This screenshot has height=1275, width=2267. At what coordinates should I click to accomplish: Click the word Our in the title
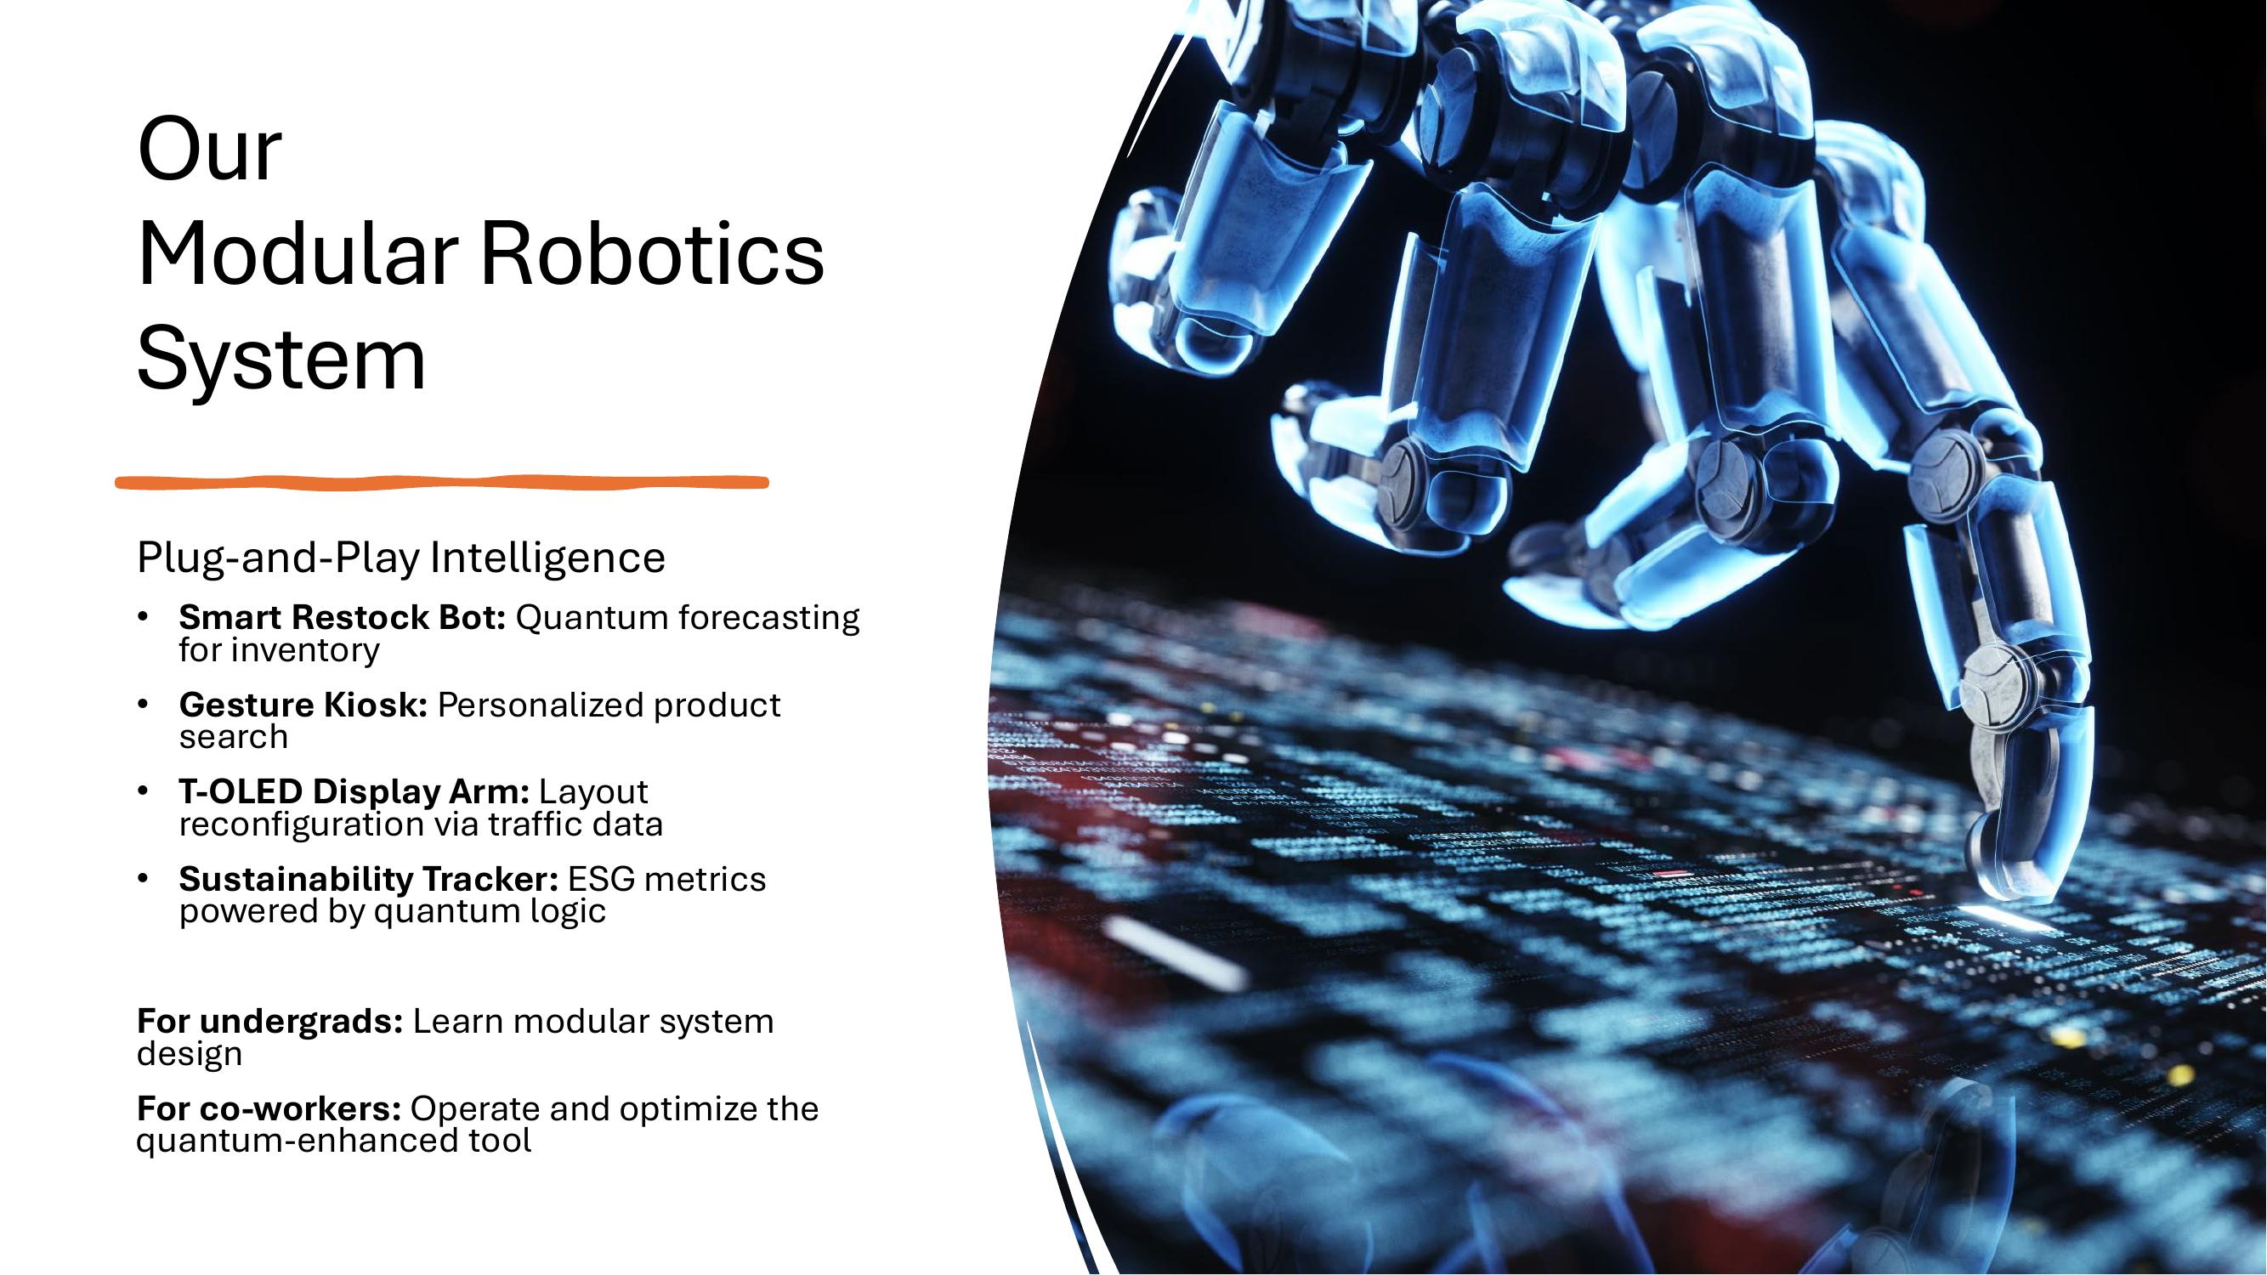209,150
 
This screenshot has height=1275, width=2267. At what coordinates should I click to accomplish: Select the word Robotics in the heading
652,254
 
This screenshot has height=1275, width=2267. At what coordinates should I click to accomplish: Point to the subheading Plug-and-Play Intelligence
400,558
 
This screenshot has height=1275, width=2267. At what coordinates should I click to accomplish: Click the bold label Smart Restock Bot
342,618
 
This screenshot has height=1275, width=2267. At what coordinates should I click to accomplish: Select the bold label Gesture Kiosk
303,705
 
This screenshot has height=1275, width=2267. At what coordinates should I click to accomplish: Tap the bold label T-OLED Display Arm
354,792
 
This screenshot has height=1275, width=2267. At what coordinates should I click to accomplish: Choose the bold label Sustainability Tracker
368,879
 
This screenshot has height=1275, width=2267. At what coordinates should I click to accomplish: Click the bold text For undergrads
269,1022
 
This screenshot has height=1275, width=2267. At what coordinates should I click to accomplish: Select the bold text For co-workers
269,1108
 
